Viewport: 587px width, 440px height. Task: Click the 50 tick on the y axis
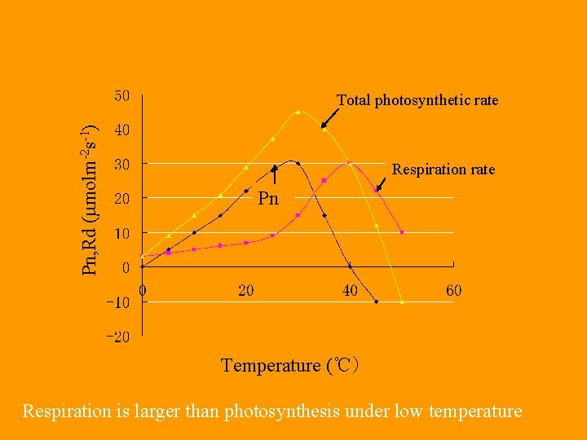click(x=121, y=96)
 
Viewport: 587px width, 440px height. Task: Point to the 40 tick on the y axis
click(x=121, y=130)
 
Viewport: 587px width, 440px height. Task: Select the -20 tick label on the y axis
click(x=117, y=337)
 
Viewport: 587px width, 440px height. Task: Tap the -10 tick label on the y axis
click(x=117, y=302)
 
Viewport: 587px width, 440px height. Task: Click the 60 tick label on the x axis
click(x=453, y=290)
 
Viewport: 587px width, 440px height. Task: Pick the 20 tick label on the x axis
click(x=245, y=290)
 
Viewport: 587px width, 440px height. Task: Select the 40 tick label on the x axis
click(x=350, y=290)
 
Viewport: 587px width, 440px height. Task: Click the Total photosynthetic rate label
click(x=417, y=100)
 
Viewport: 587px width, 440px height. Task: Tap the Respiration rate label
click(x=444, y=169)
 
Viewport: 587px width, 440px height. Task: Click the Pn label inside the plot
click(x=268, y=198)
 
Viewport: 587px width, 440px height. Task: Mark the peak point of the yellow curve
click(x=298, y=112)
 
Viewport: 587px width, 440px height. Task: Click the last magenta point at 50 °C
click(x=402, y=232)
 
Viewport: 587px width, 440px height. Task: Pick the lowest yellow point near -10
click(x=402, y=302)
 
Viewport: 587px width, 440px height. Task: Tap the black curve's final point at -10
click(x=376, y=301)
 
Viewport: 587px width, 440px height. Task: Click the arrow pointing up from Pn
click(x=275, y=174)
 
